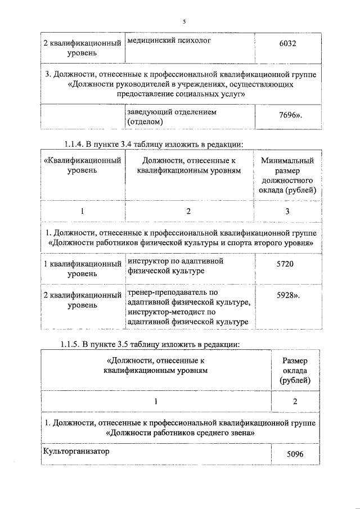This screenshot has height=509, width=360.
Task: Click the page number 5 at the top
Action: pos(183,21)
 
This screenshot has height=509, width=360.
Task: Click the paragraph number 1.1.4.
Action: pos(72,144)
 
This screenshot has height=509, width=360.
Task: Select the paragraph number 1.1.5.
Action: pos(72,344)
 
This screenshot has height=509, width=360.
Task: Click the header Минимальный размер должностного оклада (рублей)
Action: pos(287,175)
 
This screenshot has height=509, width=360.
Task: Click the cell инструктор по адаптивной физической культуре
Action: pos(175,266)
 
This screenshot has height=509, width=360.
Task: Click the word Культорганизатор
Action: pos(74,451)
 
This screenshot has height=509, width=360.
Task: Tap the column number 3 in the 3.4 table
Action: pos(287,211)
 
